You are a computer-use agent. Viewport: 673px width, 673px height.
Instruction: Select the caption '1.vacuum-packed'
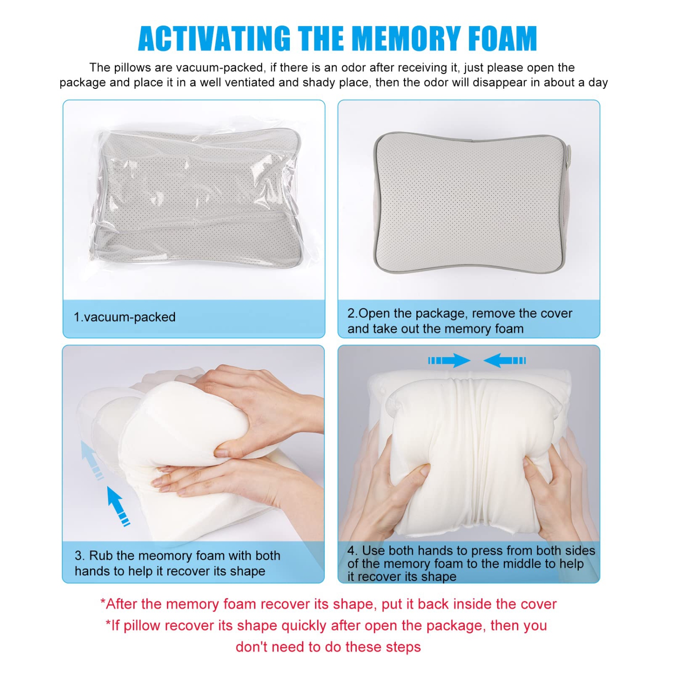124,317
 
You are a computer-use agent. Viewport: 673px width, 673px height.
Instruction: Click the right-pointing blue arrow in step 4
449,360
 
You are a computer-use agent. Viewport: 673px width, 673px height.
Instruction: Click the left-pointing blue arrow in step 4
504,360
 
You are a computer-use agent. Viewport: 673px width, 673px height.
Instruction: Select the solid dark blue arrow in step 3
118,506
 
